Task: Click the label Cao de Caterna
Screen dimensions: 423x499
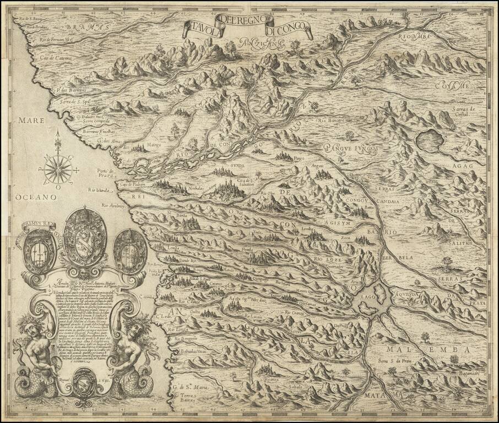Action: coord(50,56)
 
